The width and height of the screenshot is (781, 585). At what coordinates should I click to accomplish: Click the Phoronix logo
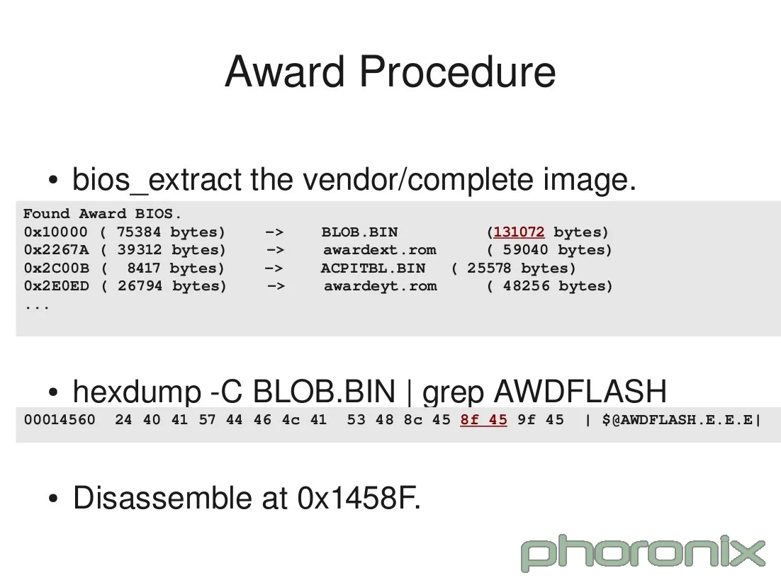[x=644, y=552]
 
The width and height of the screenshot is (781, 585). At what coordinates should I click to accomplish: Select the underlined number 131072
[x=519, y=232]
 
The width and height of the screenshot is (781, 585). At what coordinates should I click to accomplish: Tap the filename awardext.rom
[x=379, y=250]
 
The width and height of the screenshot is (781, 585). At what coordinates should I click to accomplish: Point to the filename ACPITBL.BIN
[x=373, y=268]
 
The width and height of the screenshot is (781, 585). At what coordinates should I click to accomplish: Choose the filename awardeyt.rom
[x=380, y=286]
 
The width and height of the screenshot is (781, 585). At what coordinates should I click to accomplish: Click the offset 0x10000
[x=55, y=232]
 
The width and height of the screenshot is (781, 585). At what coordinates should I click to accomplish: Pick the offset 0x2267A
[x=56, y=250]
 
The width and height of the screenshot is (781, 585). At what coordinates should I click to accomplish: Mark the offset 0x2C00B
[x=55, y=268]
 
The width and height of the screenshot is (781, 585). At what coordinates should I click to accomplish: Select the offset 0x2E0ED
[x=56, y=286]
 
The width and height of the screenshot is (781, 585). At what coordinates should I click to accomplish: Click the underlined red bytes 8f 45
[x=483, y=419]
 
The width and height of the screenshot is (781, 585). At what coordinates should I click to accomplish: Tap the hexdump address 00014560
[x=60, y=419]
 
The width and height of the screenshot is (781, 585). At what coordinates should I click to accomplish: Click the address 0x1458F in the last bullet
[x=359, y=498]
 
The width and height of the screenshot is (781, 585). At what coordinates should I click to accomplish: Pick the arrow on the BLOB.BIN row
[x=275, y=232]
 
